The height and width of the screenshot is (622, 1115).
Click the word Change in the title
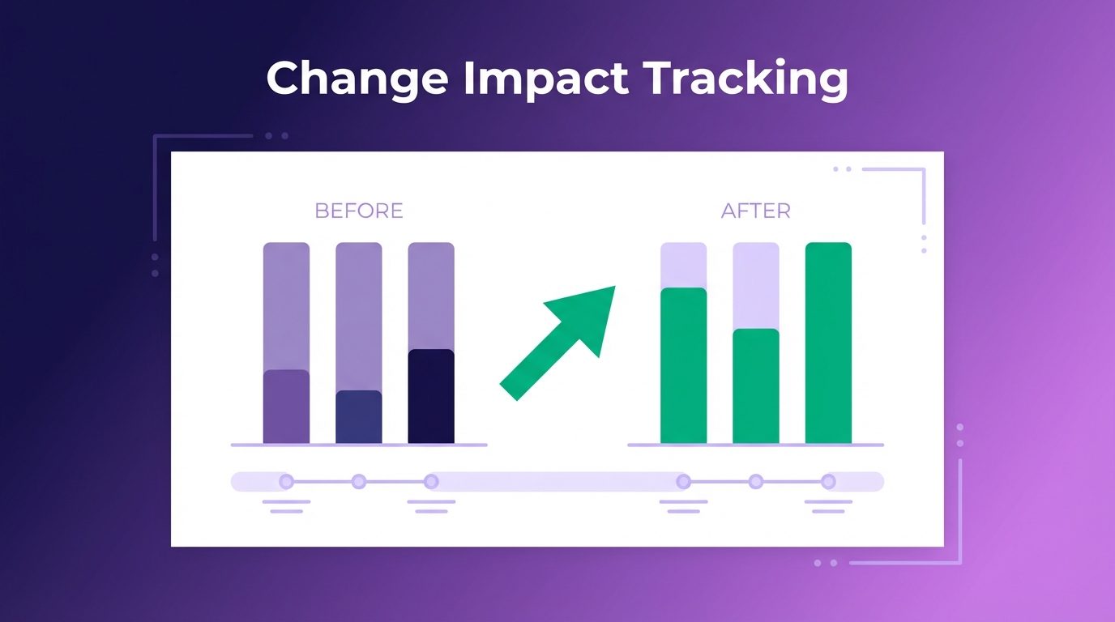click(x=357, y=79)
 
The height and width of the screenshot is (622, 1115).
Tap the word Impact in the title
click(x=546, y=79)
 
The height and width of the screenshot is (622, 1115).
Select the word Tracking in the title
click(x=745, y=79)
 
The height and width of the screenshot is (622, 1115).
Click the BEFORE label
click(x=359, y=211)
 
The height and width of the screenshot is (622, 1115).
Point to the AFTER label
click(x=755, y=211)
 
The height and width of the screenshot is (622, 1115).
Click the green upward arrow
click(x=557, y=343)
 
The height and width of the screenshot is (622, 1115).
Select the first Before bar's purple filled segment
click(x=286, y=406)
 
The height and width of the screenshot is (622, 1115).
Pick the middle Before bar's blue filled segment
click(x=359, y=416)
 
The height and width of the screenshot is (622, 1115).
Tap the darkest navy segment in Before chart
click(x=431, y=396)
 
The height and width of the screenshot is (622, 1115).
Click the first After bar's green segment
click(x=683, y=365)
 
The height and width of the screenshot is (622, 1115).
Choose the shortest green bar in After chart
click(x=756, y=386)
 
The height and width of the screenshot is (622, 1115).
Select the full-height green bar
click(x=828, y=343)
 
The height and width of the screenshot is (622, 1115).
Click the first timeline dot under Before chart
click(x=286, y=482)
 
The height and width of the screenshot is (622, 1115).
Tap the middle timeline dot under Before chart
click(x=359, y=482)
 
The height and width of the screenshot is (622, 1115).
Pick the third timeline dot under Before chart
click(x=431, y=482)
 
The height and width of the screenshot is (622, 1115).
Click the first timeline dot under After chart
click(x=683, y=482)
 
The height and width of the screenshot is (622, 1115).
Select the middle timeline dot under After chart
click(x=756, y=482)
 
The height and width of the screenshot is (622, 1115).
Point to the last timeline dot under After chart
click(x=828, y=482)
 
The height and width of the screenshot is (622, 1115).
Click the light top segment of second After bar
click(x=756, y=286)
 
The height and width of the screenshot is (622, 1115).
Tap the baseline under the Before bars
click(x=359, y=445)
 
